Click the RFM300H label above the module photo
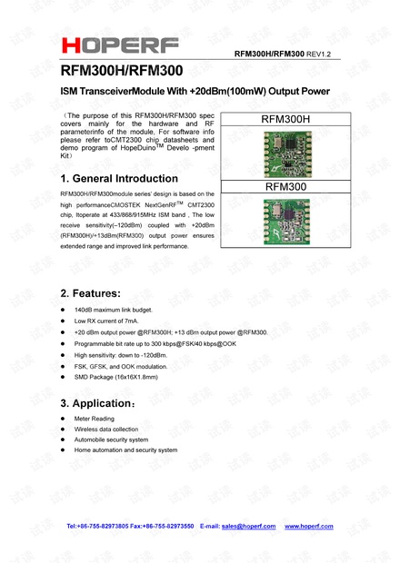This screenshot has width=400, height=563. tap(285, 119)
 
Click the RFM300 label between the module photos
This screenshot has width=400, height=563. tap(285, 186)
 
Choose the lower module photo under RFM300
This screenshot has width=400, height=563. tap(285, 221)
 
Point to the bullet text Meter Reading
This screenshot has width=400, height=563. tap(97, 419)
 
